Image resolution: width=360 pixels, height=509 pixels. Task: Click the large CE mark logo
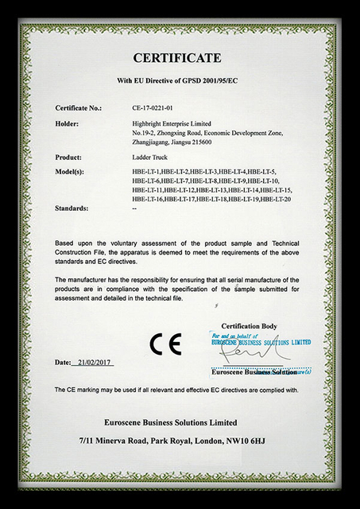click(x=165, y=344)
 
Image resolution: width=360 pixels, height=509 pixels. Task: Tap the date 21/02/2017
click(x=95, y=362)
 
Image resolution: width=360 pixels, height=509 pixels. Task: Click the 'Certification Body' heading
click(x=249, y=327)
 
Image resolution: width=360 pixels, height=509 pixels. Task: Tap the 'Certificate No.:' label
click(x=79, y=107)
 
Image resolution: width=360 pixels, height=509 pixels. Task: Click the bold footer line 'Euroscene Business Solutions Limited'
click(x=176, y=421)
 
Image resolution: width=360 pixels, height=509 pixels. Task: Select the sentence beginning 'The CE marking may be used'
click(x=176, y=390)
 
